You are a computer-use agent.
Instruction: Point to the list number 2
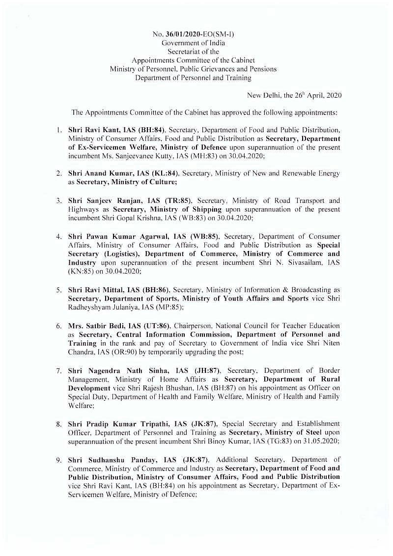pos(58,173)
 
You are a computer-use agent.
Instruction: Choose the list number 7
pos(58,370)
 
